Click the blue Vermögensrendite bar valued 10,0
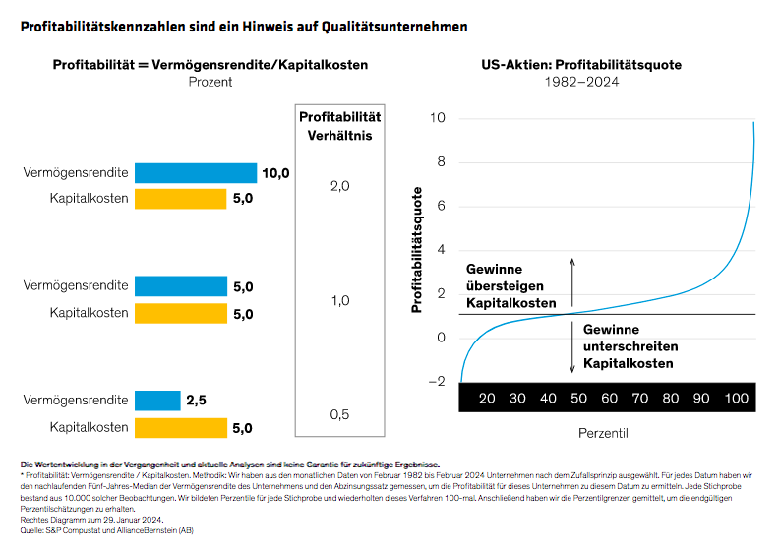[x=195, y=173]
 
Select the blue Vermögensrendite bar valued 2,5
[x=156, y=401]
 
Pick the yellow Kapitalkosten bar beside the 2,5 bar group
[x=195, y=428]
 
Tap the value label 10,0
[x=276, y=173]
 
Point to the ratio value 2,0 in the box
[x=339, y=186]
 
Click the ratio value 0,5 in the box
[x=339, y=414]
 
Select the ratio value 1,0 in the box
[x=339, y=300]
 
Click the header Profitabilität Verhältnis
[x=339, y=127]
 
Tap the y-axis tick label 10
[x=439, y=118]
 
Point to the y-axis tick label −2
[x=439, y=381]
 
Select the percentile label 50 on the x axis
[x=578, y=398]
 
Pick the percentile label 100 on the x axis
[x=737, y=398]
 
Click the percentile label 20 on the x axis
[x=487, y=398]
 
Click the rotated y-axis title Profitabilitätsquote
[x=416, y=252]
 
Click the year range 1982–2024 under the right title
[x=581, y=82]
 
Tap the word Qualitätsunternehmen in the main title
[x=393, y=27]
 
